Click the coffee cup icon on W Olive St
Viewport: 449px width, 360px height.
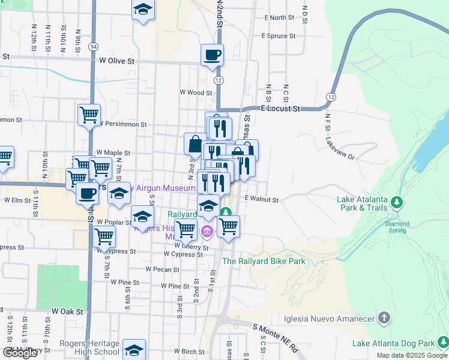[x=212, y=55]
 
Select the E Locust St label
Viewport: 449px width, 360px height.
[x=280, y=109]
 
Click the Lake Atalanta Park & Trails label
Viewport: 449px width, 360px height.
[x=361, y=204]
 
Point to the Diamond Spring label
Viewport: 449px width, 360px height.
[x=397, y=227]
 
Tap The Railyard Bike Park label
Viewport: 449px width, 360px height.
[x=264, y=261]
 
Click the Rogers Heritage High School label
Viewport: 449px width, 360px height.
[x=89, y=347]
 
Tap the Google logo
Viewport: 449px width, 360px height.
[x=20, y=353]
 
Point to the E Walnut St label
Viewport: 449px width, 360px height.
[x=262, y=199]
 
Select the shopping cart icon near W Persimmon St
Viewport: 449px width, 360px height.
[x=89, y=113]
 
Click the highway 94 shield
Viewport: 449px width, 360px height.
[x=93, y=46]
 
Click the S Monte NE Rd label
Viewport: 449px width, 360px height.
[x=276, y=338]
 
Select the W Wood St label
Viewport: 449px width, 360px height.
[x=196, y=93]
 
